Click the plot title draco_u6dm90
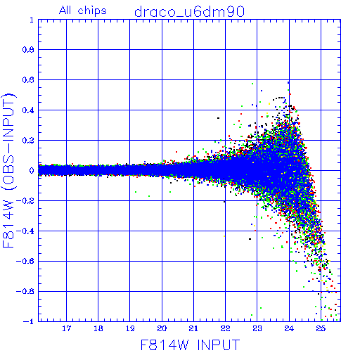[x=189, y=12]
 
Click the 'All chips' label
[x=83, y=11]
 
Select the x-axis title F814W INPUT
[x=190, y=345]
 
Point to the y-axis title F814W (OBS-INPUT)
[x=8, y=170]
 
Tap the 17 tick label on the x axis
[x=66, y=328]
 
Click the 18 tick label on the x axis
[x=98, y=328]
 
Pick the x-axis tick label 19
[x=130, y=328]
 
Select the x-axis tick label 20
[x=162, y=328]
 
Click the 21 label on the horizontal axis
[x=193, y=328]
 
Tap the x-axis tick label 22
[x=225, y=328]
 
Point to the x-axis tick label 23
[x=257, y=328]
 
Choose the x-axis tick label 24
[x=289, y=328]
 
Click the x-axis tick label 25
[x=321, y=328]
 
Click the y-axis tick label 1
[x=32, y=20]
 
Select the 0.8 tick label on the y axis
[x=28, y=50]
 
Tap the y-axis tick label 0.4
[x=28, y=110]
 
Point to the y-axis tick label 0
[x=32, y=171]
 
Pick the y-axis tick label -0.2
[x=25, y=201]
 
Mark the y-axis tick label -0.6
[x=25, y=261]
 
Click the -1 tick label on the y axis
[x=28, y=321]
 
